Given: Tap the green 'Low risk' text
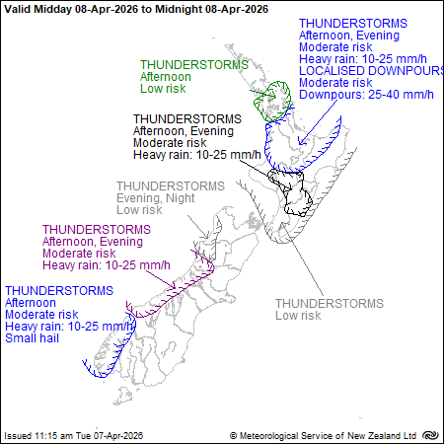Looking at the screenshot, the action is coord(163,88).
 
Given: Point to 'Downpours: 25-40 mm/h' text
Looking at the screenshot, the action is coord(365,95).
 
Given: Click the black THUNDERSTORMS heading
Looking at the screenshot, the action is coord(183,118).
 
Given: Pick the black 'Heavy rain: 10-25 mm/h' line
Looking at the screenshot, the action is coord(197,154).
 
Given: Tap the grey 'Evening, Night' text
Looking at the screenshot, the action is coord(157,197).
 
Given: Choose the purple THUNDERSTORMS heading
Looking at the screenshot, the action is coord(97,229).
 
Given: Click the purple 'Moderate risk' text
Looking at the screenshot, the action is coord(77,254).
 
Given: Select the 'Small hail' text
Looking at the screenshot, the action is coord(34,338).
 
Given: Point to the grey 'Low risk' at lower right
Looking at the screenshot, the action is coord(298,316).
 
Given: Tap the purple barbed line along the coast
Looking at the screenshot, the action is coord(173,289).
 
